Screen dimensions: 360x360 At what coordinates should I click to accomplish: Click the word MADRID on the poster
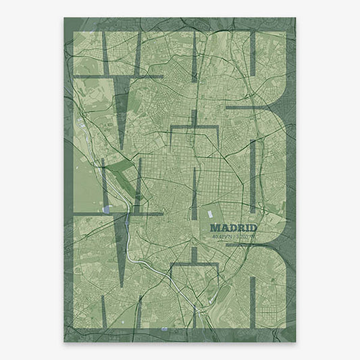(234, 228)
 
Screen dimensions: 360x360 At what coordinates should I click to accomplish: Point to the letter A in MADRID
(225, 228)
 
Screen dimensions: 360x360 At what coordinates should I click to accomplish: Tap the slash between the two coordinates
(232, 237)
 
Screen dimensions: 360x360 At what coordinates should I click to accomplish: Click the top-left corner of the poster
(64, 18)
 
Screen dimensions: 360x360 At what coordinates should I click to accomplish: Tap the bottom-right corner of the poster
(296, 342)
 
